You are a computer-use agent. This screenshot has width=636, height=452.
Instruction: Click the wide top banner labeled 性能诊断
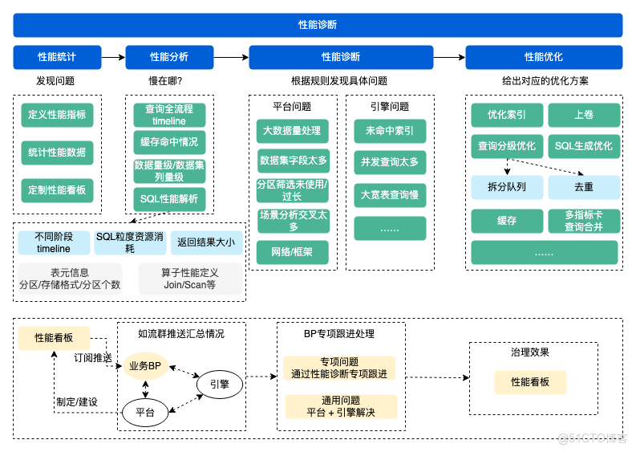(318, 25)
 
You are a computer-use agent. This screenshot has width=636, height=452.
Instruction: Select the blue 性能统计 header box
(57, 57)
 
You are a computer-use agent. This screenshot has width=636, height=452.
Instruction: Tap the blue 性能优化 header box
(544, 57)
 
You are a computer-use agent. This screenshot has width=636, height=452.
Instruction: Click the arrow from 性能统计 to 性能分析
(113, 57)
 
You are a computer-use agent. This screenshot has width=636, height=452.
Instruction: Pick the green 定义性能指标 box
(57, 114)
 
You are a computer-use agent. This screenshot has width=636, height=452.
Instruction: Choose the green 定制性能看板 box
(57, 190)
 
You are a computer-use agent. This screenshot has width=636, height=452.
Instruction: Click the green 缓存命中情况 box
(169, 143)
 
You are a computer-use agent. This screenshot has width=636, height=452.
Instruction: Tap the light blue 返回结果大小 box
(206, 242)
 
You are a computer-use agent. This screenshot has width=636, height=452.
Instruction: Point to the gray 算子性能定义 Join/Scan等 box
(189, 279)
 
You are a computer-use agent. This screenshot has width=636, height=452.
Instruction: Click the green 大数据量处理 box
(292, 131)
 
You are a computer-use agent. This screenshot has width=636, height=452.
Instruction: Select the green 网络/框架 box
(292, 252)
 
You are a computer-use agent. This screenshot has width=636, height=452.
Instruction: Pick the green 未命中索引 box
(390, 131)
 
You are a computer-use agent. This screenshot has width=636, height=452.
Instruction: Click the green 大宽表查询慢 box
(390, 194)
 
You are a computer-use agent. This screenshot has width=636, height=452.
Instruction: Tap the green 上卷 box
(584, 115)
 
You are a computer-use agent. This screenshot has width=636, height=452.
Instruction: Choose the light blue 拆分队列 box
(508, 186)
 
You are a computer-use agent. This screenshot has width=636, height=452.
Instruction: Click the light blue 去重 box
(584, 186)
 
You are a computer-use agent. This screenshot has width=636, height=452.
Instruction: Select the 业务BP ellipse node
(145, 365)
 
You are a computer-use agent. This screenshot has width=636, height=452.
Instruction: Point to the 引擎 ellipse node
(219, 385)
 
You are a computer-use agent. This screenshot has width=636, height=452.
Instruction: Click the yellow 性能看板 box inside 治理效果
(530, 382)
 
